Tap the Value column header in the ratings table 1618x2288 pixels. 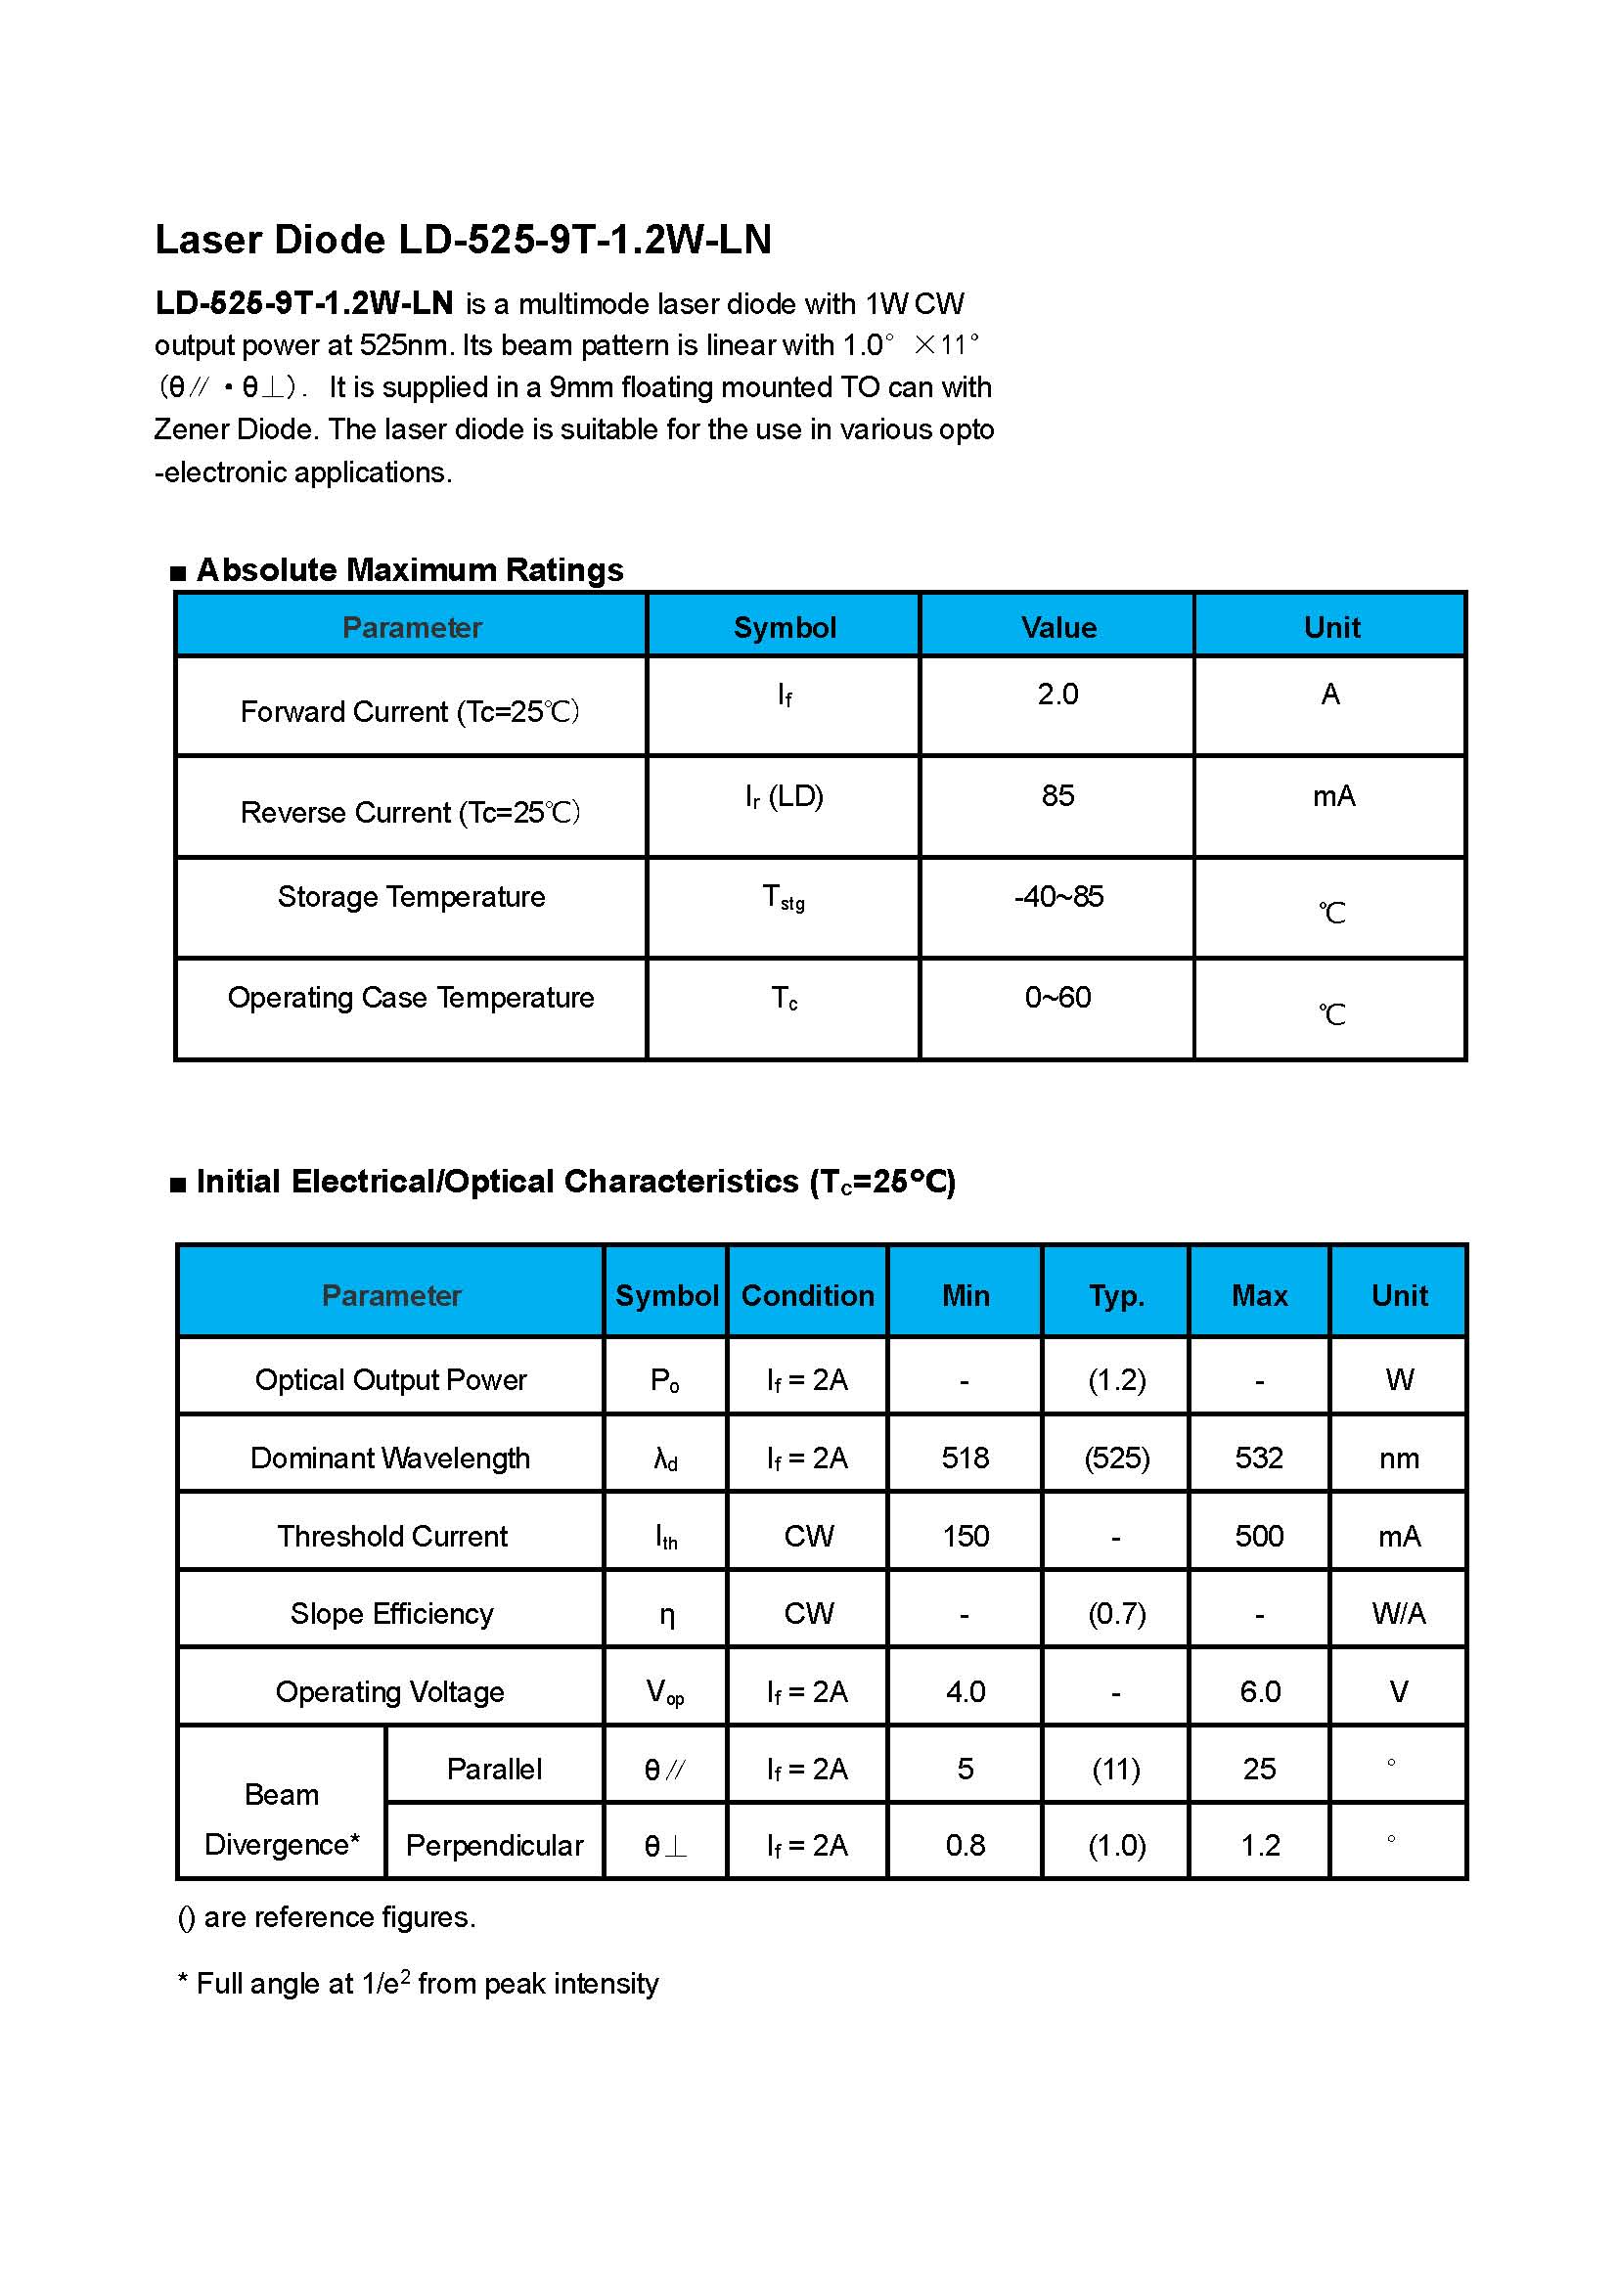[1058, 628]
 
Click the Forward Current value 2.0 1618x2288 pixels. [1058, 695]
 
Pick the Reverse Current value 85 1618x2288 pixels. [1058, 796]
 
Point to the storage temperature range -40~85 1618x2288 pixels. [1058, 897]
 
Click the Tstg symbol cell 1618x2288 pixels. [785, 898]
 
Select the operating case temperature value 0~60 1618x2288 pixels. [1058, 998]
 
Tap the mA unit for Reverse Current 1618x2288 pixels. [1333, 797]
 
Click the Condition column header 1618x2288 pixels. [808, 1295]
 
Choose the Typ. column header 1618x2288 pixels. [1117, 1295]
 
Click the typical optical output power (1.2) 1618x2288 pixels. [1117, 1380]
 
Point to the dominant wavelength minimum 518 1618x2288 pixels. [966, 1458]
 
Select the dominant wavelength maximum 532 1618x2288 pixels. [1259, 1458]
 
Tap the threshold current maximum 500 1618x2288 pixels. [1259, 1537]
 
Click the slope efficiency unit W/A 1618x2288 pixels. [1399, 1614]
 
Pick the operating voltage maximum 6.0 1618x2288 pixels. [1259, 1692]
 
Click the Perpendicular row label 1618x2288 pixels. [494, 1847]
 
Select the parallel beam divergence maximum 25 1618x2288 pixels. [1259, 1770]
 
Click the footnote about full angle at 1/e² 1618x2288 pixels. [419, 1984]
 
